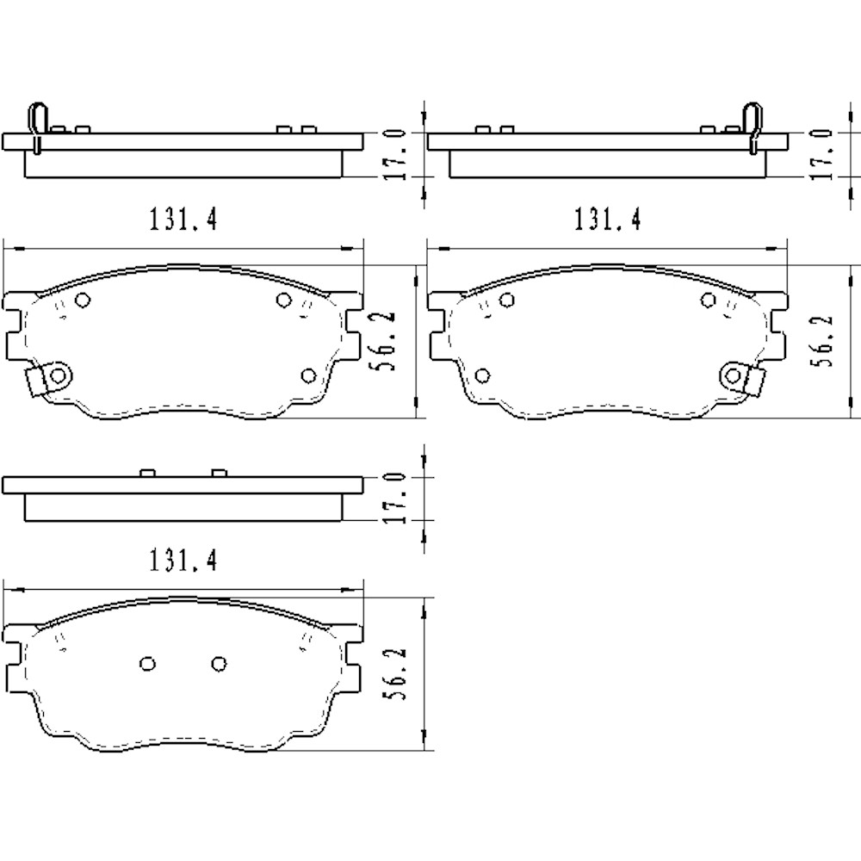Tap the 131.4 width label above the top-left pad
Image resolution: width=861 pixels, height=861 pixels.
[183, 220]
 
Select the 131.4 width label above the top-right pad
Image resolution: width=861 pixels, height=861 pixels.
[607, 220]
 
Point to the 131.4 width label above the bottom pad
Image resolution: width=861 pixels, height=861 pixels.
[183, 561]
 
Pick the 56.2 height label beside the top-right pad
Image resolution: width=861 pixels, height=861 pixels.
[824, 342]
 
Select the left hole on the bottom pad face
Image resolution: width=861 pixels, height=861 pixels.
[146, 663]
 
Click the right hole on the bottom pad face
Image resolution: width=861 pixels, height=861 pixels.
[219, 663]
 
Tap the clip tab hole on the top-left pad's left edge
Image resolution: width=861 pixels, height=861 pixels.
[57, 375]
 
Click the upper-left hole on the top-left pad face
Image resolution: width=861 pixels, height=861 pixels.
[83, 300]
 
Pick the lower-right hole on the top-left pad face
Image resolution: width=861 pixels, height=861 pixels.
[309, 375]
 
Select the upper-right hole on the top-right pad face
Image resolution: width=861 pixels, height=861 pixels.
[709, 300]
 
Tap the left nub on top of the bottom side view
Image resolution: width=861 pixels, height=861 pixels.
[146, 473]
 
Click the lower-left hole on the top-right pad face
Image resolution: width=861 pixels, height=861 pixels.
[482, 375]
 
